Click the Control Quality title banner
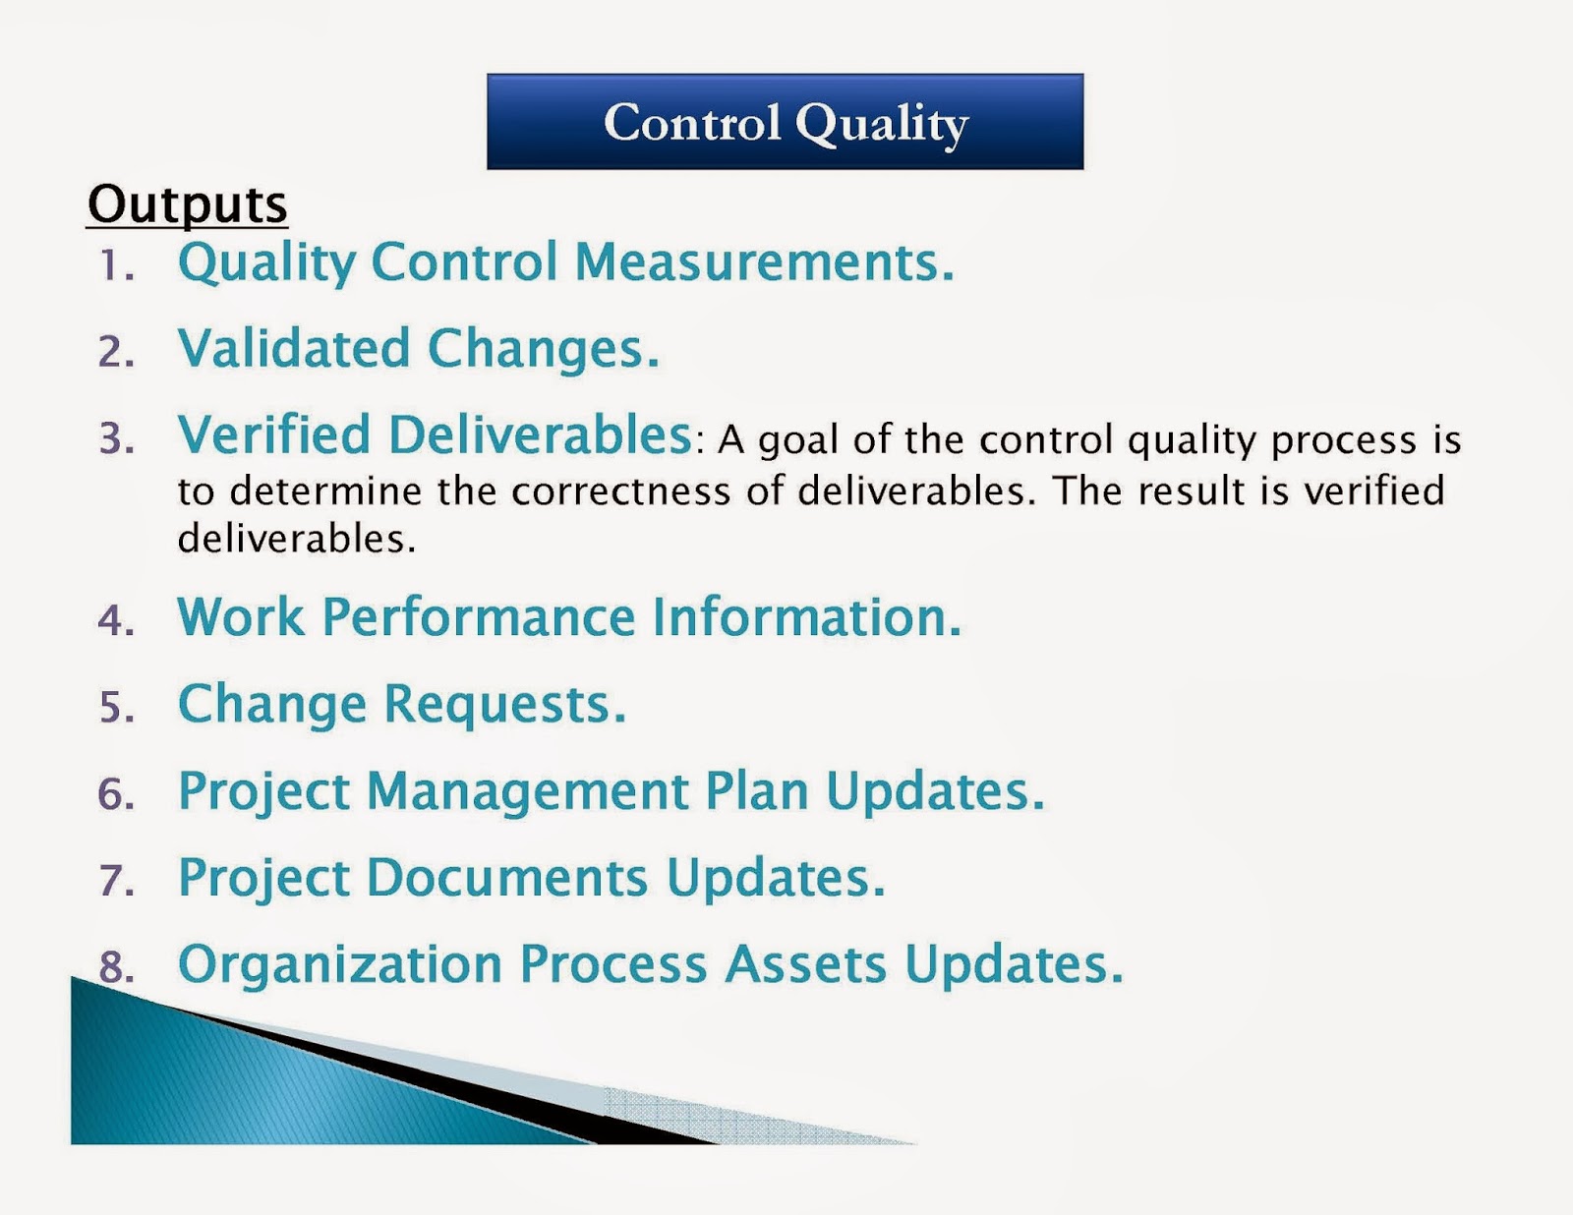(x=785, y=122)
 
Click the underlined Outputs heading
(x=187, y=204)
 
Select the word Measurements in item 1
(x=763, y=262)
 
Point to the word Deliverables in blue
(x=541, y=434)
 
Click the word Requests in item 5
(x=503, y=704)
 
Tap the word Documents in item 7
(x=506, y=877)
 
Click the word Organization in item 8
(x=339, y=963)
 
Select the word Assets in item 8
(x=805, y=963)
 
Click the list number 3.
(x=116, y=438)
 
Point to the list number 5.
(x=116, y=708)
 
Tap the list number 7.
(x=116, y=880)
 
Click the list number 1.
(x=116, y=266)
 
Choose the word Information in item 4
(x=806, y=617)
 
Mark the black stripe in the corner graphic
(x=442, y=1081)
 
